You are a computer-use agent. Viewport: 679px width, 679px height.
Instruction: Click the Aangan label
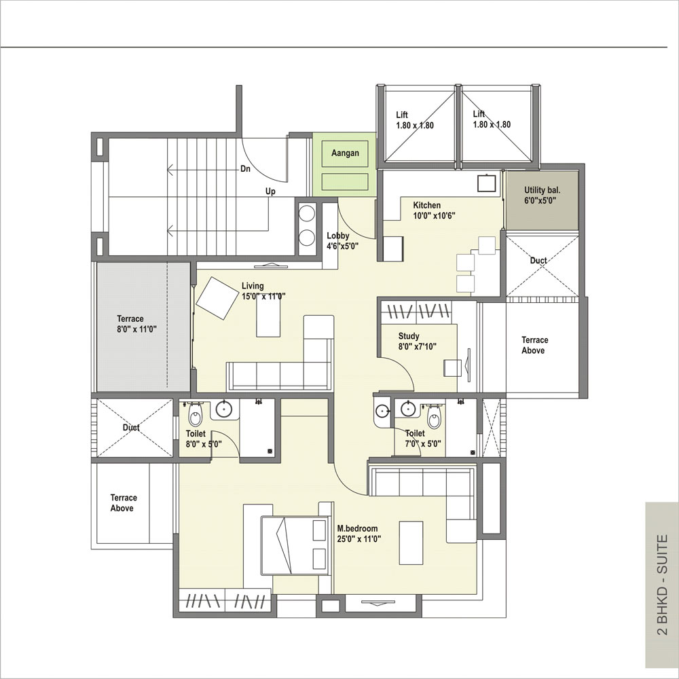point(345,153)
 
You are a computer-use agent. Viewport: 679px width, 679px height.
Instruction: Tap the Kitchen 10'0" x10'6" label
point(433,210)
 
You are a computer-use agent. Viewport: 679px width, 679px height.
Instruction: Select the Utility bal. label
point(542,189)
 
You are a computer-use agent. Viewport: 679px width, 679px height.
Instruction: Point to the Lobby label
point(337,236)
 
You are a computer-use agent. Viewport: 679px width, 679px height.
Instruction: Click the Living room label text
point(253,286)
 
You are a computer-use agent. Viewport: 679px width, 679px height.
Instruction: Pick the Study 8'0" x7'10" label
point(418,342)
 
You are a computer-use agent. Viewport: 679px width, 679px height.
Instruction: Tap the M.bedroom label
point(357,528)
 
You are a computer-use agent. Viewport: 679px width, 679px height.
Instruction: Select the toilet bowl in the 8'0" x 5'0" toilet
point(196,416)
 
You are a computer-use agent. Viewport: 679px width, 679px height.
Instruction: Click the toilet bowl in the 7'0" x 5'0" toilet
point(434,418)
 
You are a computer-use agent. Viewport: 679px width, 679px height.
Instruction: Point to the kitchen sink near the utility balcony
point(486,183)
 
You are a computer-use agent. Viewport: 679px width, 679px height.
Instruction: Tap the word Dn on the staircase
point(246,169)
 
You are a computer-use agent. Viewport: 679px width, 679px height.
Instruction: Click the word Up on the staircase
point(270,191)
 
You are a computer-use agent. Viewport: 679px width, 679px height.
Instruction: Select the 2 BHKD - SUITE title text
point(663,585)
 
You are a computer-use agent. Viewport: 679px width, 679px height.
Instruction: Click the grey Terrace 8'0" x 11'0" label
point(136,324)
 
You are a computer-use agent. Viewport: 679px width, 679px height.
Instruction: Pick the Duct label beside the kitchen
point(538,260)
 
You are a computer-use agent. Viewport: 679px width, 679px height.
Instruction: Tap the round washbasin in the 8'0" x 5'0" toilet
point(225,408)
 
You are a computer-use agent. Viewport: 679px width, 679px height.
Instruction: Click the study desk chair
point(453,367)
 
